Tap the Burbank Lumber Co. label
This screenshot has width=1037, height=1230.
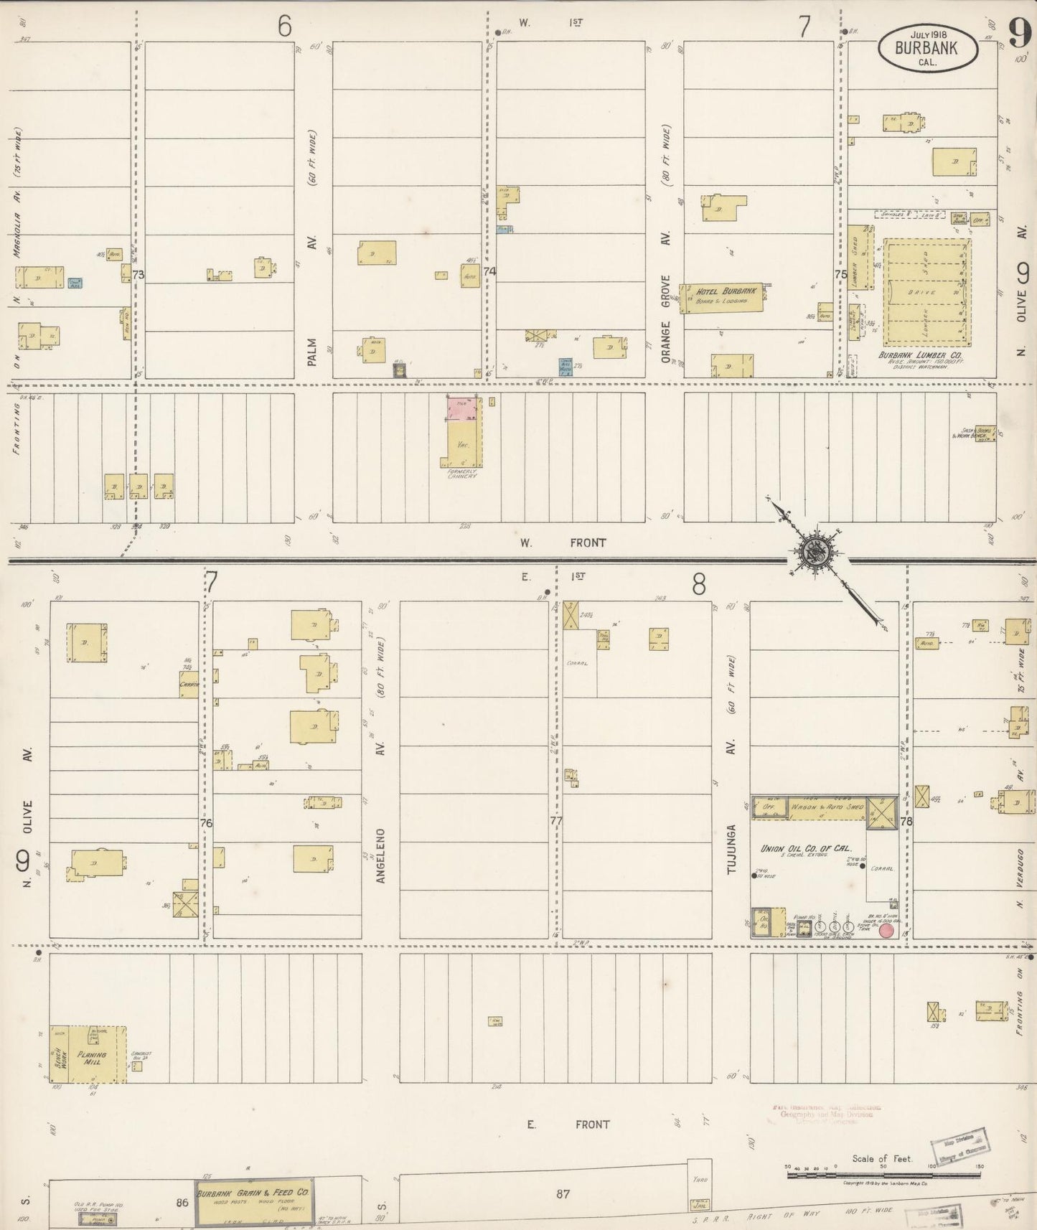[921, 356]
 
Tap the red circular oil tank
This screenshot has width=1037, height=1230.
[887, 931]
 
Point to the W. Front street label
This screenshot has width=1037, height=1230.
[563, 543]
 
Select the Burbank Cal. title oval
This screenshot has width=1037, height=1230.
[929, 48]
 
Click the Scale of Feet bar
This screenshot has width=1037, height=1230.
[883, 1175]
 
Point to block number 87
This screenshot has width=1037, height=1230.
[563, 1194]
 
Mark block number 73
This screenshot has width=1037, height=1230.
[139, 274]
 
